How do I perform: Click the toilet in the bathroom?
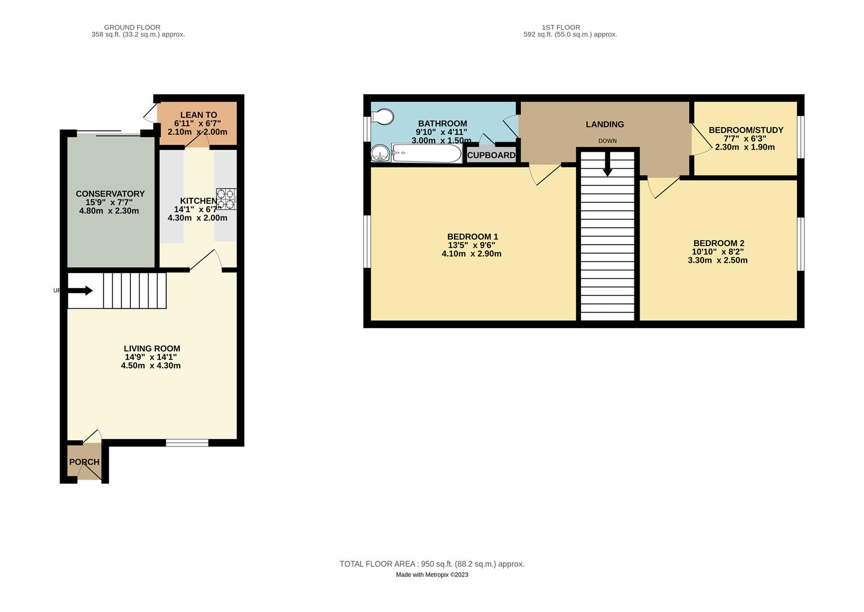point(383,117)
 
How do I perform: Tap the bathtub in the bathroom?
point(426,154)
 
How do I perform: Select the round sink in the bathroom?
point(380,153)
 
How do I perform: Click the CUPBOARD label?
point(491,155)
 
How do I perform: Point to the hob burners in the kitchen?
point(226,199)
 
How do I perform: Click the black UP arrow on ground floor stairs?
point(80,291)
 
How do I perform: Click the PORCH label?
point(84,462)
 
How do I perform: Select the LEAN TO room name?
point(198,115)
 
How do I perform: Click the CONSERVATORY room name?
point(110,194)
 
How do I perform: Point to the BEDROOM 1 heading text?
point(472,237)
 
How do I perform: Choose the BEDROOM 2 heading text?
point(718,244)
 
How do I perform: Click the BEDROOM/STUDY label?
point(746,130)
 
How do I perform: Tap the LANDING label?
point(604,124)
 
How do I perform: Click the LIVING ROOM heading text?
point(152,349)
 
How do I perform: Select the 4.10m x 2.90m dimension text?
point(471,254)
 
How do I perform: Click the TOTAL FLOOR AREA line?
point(431,564)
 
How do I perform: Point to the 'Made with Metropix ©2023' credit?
point(431,575)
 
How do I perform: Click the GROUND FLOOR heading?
point(132,27)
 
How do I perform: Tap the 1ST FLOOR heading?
point(561,27)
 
